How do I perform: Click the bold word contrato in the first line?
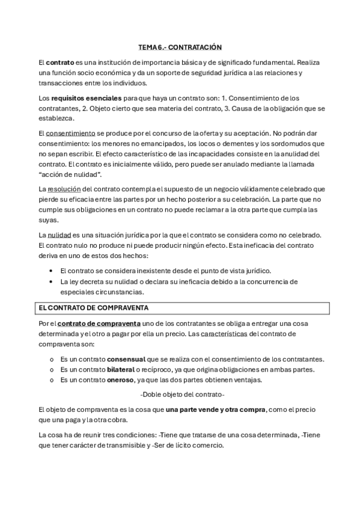click(x=60, y=61)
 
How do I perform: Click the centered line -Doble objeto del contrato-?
click(x=182, y=395)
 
